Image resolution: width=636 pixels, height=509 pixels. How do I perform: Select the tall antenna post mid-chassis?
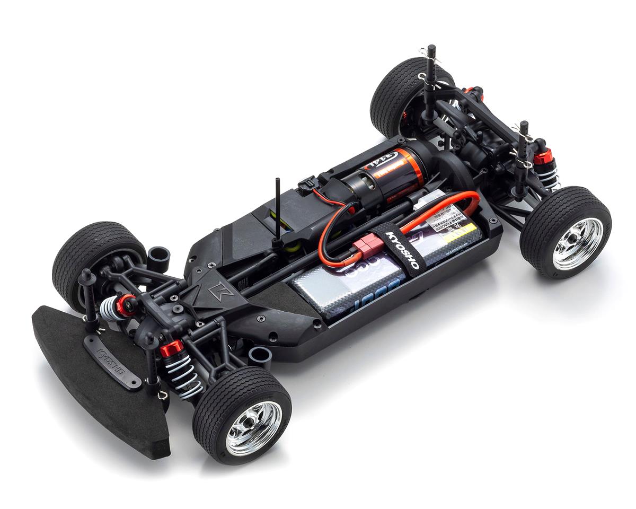coord(278,212)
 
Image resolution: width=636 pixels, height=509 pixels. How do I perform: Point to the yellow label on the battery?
coord(458,233)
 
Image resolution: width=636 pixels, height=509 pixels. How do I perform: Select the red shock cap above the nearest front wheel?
coord(172,347)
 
